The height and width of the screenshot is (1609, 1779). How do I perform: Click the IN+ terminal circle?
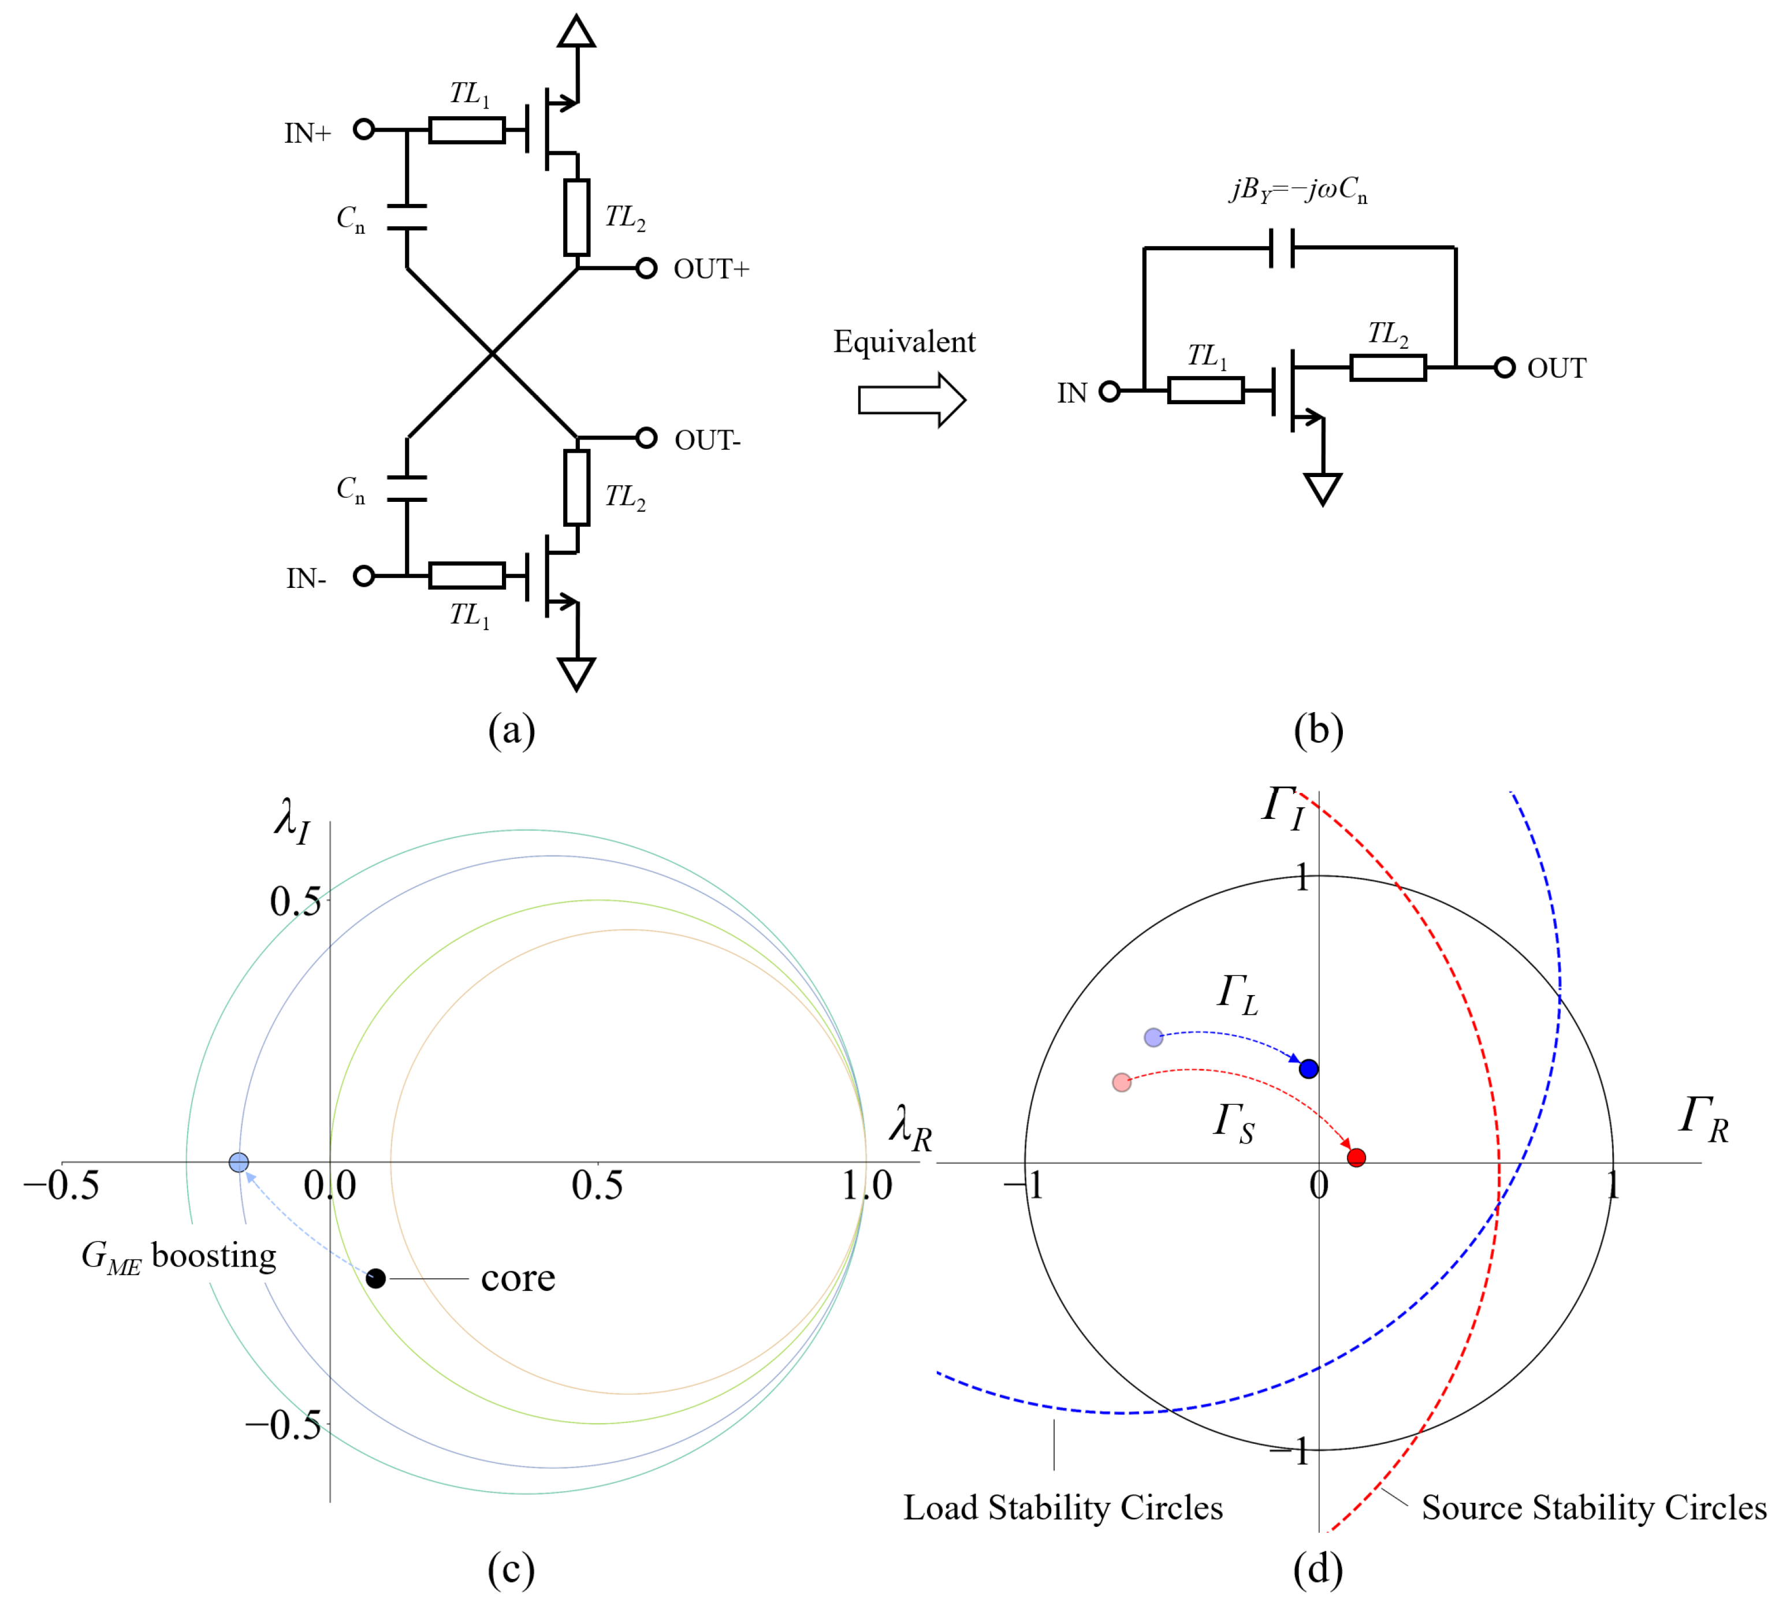pyautogui.click(x=363, y=130)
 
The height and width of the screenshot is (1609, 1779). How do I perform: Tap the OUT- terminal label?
pyautogui.click(x=707, y=440)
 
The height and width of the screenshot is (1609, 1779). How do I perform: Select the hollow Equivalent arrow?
pyautogui.click(x=911, y=400)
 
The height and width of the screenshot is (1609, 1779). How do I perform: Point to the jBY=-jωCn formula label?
pyautogui.click(x=1298, y=189)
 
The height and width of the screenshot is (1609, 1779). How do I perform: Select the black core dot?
pyautogui.click(x=376, y=1278)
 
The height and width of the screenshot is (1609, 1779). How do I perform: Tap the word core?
pyautogui.click(x=518, y=1278)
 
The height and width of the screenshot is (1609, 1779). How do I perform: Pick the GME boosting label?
pyautogui.click(x=179, y=1256)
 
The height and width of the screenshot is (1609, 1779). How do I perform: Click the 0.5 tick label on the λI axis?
pyautogui.click(x=295, y=902)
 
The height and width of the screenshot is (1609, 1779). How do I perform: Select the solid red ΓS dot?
pyautogui.click(x=1356, y=1157)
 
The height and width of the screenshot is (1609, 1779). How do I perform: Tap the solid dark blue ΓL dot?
pyautogui.click(x=1309, y=1069)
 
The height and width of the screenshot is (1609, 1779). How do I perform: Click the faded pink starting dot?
pyautogui.click(x=1122, y=1082)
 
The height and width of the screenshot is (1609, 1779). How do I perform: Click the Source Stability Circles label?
pyautogui.click(x=1594, y=1507)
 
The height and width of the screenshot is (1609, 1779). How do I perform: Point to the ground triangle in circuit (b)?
pyautogui.click(x=1323, y=488)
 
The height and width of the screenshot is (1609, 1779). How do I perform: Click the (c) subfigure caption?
pyautogui.click(x=511, y=1569)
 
